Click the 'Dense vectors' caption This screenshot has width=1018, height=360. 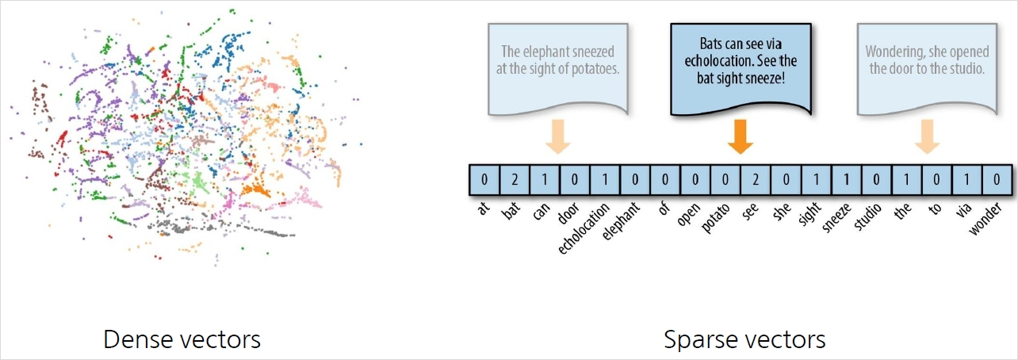click(x=182, y=340)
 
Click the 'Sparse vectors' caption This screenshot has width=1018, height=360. click(x=744, y=340)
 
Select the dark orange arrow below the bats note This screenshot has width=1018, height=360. click(x=741, y=135)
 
